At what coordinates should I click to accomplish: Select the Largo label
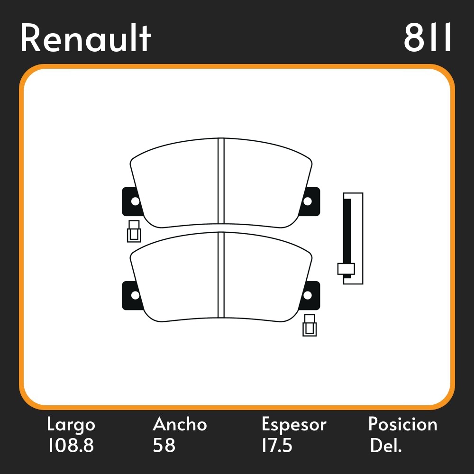click(x=71, y=425)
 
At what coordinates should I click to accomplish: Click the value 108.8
click(x=70, y=446)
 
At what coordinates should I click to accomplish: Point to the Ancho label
click(x=180, y=425)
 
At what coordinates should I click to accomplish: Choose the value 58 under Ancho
click(x=164, y=446)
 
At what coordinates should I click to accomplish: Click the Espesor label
click(x=294, y=425)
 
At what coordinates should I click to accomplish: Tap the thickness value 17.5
click(x=277, y=446)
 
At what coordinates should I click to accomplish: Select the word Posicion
click(x=403, y=425)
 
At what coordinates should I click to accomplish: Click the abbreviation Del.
click(x=386, y=446)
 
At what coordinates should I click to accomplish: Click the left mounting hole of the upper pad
click(x=135, y=201)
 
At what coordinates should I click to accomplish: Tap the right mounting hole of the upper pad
click(x=307, y=201)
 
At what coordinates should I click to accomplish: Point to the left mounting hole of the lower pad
click(x=135, y=295)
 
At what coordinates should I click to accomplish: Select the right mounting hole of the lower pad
click(x=307, y=295)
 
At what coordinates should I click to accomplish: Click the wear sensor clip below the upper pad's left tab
click(x=134, y=231)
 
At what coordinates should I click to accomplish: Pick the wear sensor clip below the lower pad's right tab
click(x=310, y=325)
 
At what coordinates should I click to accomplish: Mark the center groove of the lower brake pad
click(x=220, y=275)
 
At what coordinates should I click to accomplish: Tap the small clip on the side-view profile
click(x=346, y=269)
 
